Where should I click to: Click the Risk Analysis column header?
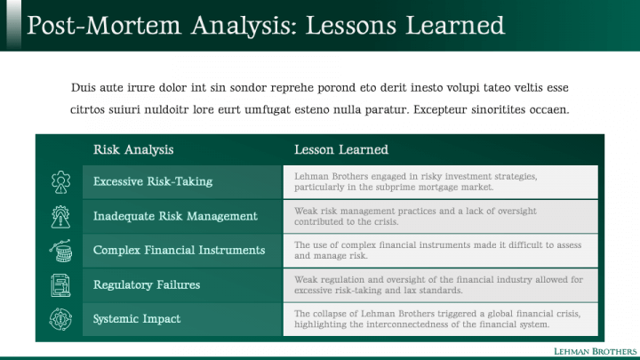(133, 150)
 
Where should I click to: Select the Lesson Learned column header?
(341, 150)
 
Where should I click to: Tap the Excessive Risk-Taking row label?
(153, 181)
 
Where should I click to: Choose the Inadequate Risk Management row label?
(175, 216)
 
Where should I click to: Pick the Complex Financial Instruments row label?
(180, 250)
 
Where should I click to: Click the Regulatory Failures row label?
(147, 284)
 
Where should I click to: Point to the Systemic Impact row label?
(137, 319)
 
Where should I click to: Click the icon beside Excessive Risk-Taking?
(60, 182)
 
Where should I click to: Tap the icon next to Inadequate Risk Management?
(60, 216)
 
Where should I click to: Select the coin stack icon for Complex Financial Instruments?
(60, 251)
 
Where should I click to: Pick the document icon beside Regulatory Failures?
(60, 285)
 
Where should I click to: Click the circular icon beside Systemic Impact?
(60, 319)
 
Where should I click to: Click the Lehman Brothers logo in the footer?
(595, 351)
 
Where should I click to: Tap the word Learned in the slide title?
(455, 25)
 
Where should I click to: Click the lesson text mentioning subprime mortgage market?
(415, 181)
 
